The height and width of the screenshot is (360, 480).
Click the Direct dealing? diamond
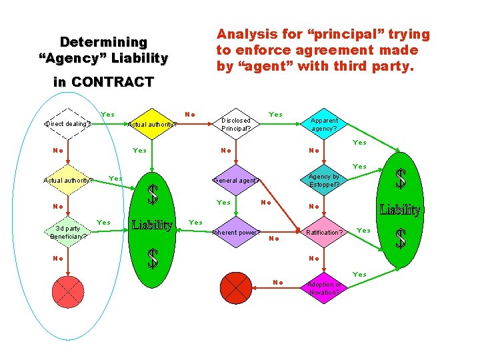[67, 123]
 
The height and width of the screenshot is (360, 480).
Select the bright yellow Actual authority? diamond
[152, 123]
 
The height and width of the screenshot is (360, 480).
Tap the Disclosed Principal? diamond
[235, 124]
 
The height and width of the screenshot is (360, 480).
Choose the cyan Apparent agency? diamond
[324, 124]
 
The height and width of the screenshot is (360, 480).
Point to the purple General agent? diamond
[235, 180]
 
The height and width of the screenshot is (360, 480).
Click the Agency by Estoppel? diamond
[324, 180]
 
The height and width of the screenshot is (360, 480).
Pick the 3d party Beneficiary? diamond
[67, 232]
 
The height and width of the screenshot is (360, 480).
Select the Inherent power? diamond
[235, 233]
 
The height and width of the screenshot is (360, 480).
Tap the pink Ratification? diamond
[324, 233]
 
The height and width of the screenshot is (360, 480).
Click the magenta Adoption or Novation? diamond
[324, 288]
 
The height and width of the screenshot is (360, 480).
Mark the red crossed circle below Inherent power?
[235, 287]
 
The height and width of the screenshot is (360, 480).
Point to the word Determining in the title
[103, 42]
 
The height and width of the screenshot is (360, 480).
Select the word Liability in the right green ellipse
[400, 210]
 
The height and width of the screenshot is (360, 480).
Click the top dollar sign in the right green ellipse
[400, 179]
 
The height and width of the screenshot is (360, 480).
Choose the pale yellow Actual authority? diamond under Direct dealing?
[67, 179]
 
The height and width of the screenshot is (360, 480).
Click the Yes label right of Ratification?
[363, 231]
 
